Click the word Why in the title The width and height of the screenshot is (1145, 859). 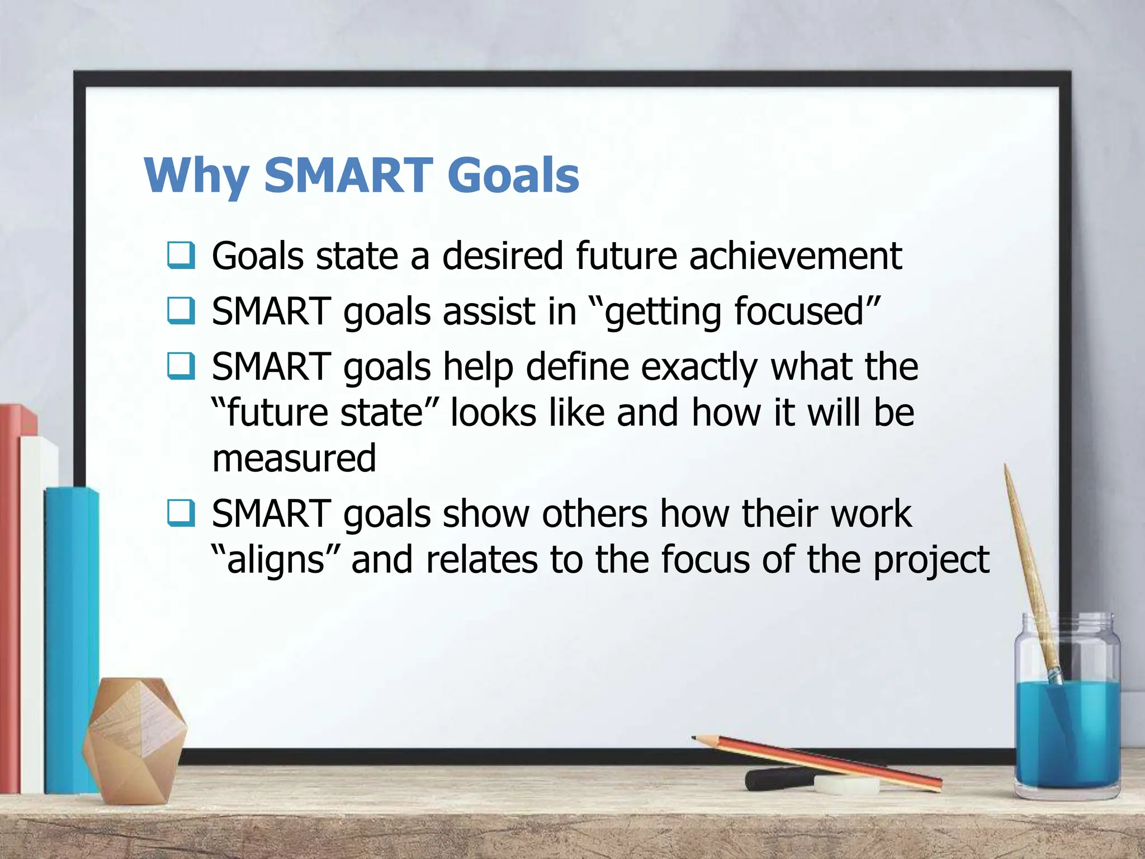196,176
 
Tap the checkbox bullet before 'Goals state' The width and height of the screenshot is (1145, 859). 181,255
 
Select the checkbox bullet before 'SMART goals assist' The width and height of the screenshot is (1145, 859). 181,311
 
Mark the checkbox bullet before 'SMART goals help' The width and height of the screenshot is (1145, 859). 181,366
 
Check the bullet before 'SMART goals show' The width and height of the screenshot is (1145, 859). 181,513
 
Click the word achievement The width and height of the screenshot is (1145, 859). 795,256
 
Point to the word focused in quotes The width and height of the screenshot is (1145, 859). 799,311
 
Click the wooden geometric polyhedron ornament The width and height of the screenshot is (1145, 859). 134,738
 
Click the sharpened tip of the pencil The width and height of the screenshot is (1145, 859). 695,738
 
